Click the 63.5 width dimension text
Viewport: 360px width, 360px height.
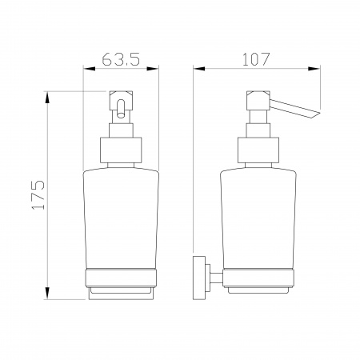tap(121, 59)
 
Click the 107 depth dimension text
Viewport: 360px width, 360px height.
tap(256, 59)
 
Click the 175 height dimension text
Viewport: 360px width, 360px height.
tap(38, 195)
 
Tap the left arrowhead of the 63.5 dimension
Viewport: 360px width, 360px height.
tap(90, 69)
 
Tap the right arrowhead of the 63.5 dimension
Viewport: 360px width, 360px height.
tap(153, 69)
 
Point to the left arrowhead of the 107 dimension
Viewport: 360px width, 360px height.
tap(199, 69)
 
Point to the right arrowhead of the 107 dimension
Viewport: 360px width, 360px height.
tap(314, 69)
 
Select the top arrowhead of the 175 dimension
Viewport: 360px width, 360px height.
tap(47, 98)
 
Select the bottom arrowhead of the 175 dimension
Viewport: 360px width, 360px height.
tap(47, 293)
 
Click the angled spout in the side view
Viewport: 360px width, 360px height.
tap(294, 108)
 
